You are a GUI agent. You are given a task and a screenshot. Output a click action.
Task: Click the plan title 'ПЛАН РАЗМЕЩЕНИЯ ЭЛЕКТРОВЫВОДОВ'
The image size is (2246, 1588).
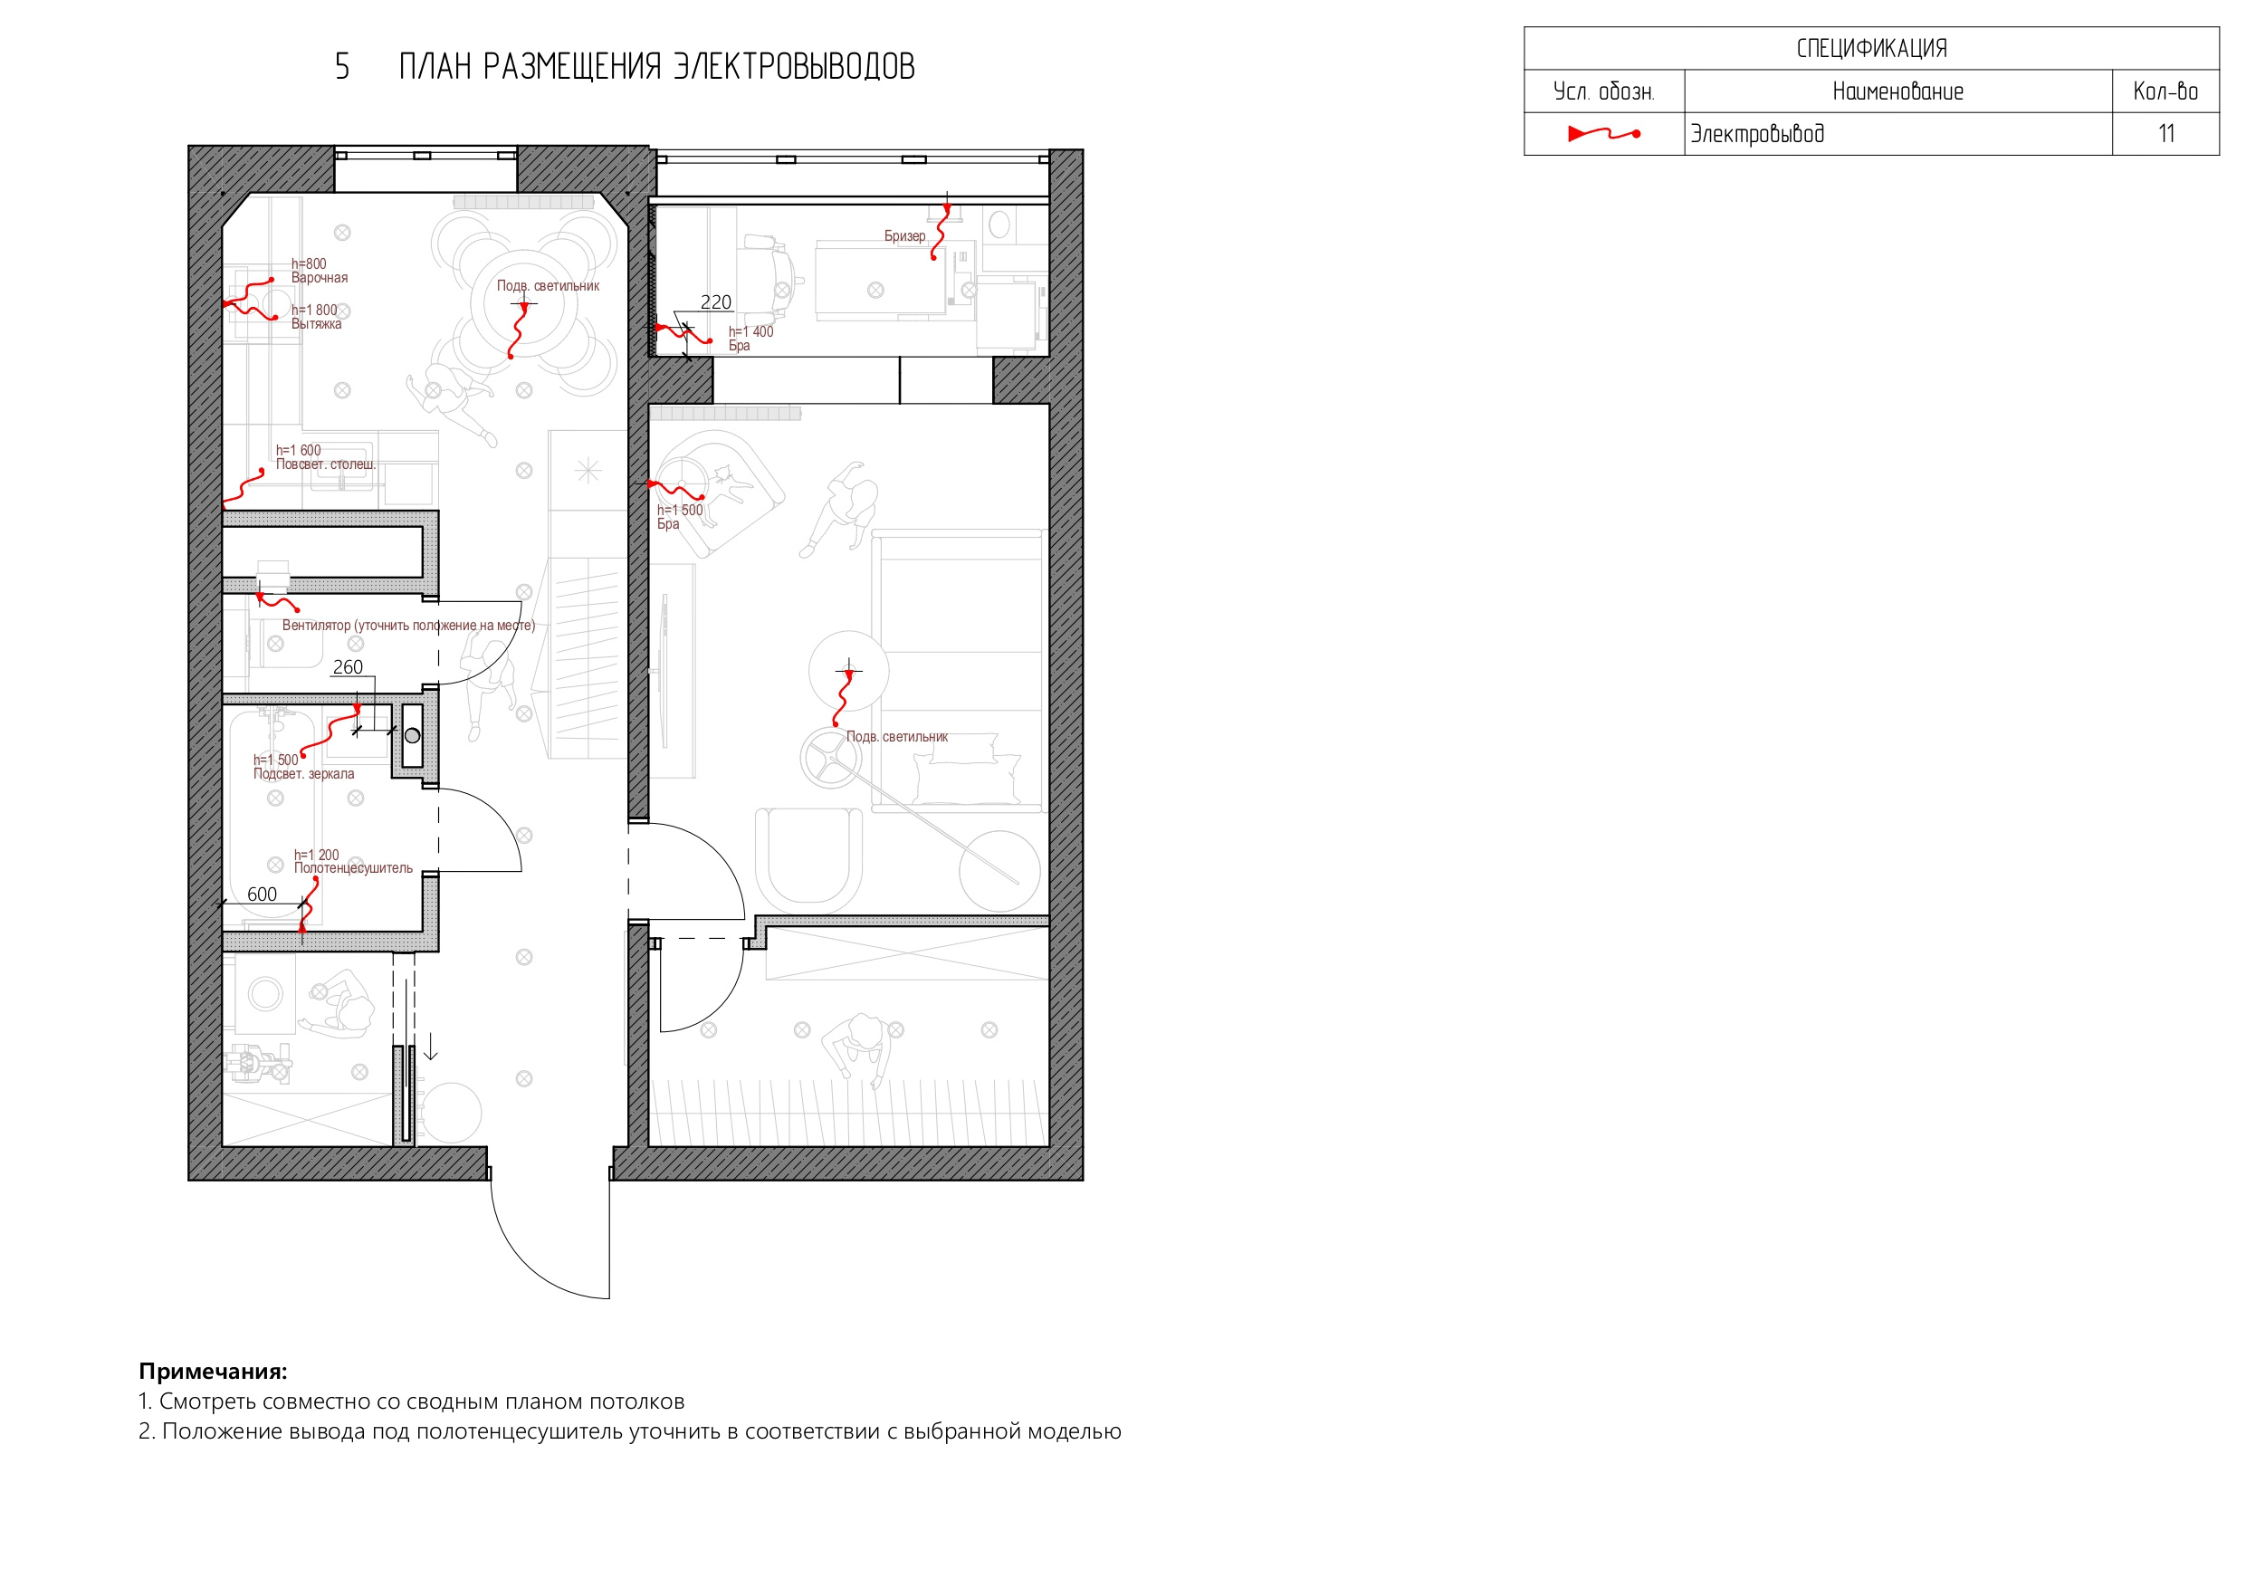[656, 66]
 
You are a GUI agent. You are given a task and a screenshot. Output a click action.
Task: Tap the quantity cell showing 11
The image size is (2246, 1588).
[2165, 134]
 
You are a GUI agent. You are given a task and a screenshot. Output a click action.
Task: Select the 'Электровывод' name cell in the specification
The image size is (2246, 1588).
[1758, 134]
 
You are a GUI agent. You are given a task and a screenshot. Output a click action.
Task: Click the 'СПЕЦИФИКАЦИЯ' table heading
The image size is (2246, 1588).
[1871, 48]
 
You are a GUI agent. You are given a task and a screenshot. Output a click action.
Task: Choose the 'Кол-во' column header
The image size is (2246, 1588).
[2165, 91]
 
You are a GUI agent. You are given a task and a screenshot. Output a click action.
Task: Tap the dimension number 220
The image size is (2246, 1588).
[716, 302]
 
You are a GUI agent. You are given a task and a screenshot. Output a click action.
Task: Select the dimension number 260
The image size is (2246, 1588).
[348, 667]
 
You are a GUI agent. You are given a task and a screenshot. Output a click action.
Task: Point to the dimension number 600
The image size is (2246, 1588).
[263, 894]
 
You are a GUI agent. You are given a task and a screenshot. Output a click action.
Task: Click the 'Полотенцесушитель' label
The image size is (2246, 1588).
[353, 868]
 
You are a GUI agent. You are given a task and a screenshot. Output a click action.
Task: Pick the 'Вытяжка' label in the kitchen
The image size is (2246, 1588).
[316, 324]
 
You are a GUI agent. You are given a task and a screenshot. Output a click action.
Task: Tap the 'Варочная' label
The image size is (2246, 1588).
[319, 278]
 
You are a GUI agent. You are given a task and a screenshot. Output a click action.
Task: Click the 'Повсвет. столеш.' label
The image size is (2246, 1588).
[326, 464]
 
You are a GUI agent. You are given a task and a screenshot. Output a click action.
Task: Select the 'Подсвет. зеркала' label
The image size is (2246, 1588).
[303, 774]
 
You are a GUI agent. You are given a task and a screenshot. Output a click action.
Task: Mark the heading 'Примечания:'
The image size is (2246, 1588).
[214, 1371]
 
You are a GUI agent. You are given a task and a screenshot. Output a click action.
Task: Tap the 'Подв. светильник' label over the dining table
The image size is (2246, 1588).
[548, 286]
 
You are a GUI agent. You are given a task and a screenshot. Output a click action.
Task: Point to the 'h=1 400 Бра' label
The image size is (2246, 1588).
[750, 339]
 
